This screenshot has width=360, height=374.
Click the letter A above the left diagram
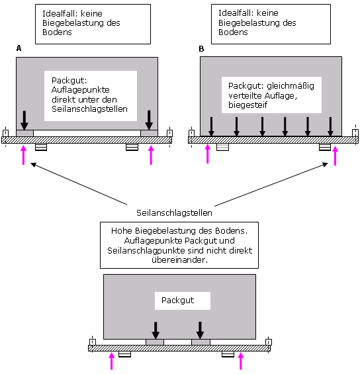point(19,48)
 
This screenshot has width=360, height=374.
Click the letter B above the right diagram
point(201,49)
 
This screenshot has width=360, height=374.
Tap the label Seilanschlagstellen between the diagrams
point(174,212)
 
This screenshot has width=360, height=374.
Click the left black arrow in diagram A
point(24,120)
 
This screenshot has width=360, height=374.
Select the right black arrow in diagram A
point(149,120)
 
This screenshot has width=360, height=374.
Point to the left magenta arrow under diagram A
point(23,155)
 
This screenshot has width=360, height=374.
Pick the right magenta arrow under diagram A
point(151,155)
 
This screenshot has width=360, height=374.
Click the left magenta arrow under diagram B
point(208,154)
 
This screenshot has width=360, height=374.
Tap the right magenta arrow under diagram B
point(336,156)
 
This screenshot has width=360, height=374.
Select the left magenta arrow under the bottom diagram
point(111,361)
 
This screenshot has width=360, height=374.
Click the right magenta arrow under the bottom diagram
point(241,361)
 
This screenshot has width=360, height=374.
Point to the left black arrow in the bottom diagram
point(156,330)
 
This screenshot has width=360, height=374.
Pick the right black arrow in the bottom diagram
point(200,330)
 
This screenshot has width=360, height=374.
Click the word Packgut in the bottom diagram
point(177,301)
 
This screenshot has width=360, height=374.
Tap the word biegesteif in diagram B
point(247,105)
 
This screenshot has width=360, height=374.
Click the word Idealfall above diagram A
point(61,14)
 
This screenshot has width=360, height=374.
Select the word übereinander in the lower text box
point(179,259)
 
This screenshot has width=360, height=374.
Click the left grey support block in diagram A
point(24,133)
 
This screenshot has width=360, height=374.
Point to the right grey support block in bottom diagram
point(201,342)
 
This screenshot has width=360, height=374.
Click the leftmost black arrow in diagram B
point(211,126)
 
